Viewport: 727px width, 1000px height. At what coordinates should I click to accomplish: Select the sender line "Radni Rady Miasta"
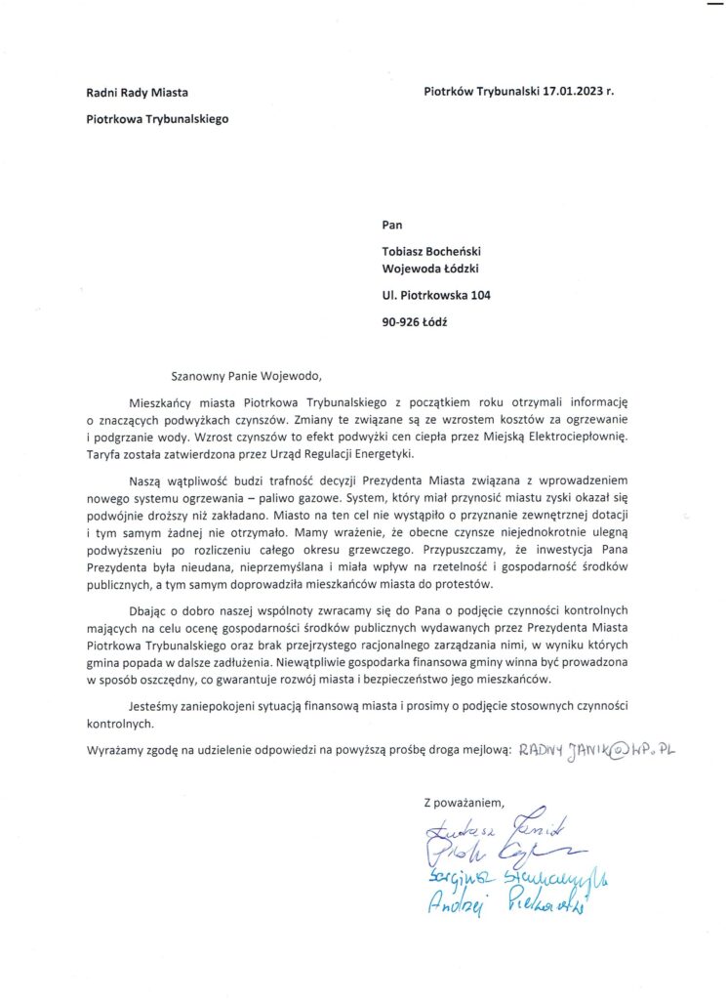click(x=137, y=93)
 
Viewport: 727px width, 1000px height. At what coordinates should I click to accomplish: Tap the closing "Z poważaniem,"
click(x=464, y=804)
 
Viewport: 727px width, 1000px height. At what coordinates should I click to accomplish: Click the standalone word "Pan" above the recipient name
click(x=394, y=224)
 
